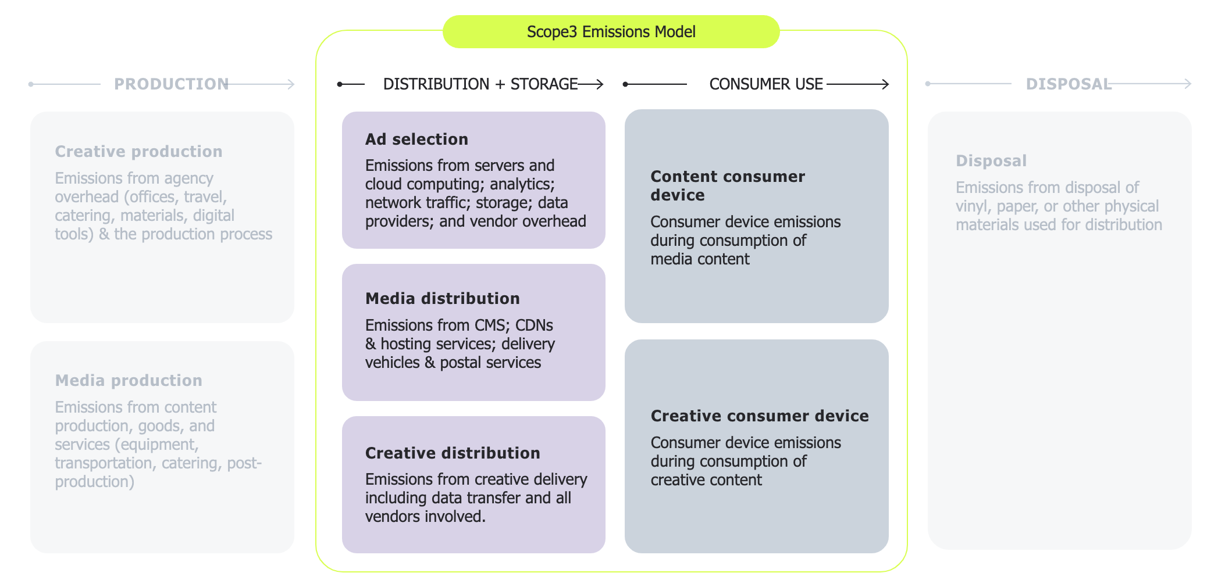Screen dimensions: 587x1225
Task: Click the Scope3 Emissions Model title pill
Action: [x=611, y=32]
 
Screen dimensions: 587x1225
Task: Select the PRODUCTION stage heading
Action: [x=171, y=84]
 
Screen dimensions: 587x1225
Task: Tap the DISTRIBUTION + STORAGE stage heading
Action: [x=480, y=84]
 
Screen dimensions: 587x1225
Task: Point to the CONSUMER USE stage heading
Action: [x=765, y=84]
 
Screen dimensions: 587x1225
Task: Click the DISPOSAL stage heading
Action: [x=1068, y=84]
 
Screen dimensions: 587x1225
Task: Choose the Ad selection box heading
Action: [x=416, y=139]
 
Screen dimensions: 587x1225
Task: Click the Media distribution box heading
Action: [x=442, y=299]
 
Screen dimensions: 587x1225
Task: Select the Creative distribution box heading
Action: [x=453, y=453]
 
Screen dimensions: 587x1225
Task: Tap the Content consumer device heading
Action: [x=727, y=185]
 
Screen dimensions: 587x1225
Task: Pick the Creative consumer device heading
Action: [x=759, y=416]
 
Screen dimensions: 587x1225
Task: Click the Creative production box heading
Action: [x=138, y=152]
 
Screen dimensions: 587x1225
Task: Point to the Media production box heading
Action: [x=129, y=381]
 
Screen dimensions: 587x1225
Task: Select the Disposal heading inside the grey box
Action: [x=991, y=161]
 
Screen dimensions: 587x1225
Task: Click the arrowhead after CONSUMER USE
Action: [x=885, y=84]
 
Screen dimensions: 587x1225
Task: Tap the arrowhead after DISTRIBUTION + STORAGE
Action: [x=600, y=84]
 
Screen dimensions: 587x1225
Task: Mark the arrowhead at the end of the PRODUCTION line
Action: [x=291, y=84]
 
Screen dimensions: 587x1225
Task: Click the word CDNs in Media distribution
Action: [x=534, y=325]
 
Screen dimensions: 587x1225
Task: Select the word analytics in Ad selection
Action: [x=522, y=184]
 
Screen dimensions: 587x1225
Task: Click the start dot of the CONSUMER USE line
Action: [x=625, y=84]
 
